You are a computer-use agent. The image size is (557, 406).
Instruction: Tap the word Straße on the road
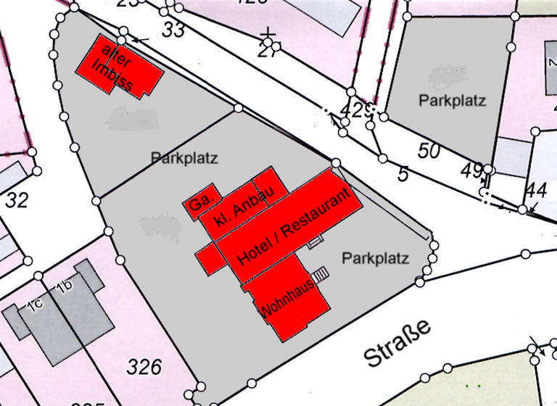point(397,343)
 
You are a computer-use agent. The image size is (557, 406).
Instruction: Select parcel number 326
point(144,367)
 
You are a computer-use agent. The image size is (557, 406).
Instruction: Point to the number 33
point(173,30)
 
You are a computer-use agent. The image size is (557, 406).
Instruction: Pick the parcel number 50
point(429,151)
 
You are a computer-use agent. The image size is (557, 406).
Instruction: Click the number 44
point(535,190)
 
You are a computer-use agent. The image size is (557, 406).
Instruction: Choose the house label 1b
point(65,287)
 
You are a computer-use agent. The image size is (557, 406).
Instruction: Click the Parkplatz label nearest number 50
point(452,101)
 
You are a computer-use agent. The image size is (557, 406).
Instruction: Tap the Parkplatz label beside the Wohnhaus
point(376,258)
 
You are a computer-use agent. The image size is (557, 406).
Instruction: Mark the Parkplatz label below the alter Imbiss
point(185,157)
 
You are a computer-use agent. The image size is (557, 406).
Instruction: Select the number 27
point(269,49)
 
